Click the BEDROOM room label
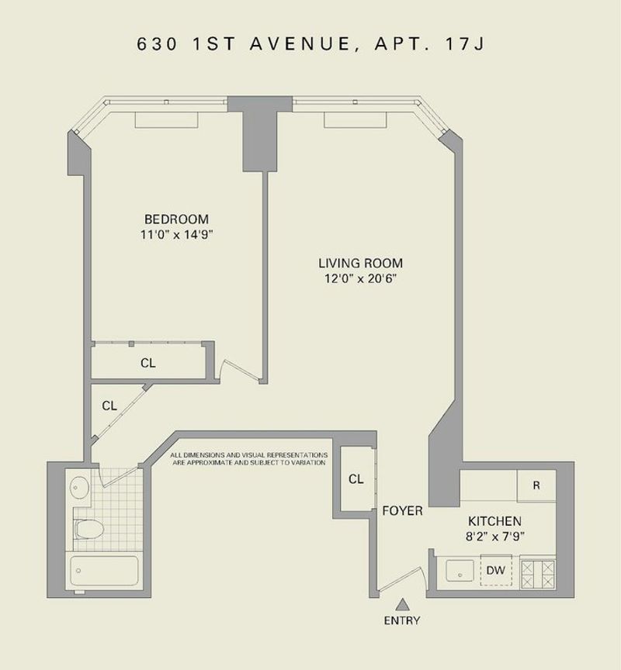pyautogui.click(x=177, y=219)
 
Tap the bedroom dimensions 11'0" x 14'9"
pyautogui.click(x=177, y=234)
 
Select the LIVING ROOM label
pyautogui.click(x=360, y=263)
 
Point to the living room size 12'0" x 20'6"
pyautogui.click(x=360, y=278)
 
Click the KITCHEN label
pyautogui.click(x=494, y=521)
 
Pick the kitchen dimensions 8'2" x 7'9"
pyautogui.click(x=494, y=537)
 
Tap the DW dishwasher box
pyautogui.click(x=496, y=570)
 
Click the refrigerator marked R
pyautogui.click(x=536, y=485)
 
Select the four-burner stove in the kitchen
pyautogui.click(x=538, y=575)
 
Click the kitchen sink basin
pyautogui.click(x=460, y=571)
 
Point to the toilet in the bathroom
pyautogui.click(x=89, y=529)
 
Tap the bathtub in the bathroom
pyautogui.click(x=104, y=571)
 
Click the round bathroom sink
pyautogui.click(x=79, y=487)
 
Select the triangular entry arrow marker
pyautogui.click(x=402, y=605)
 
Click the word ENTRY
pyautogui.click(x=402, y=620)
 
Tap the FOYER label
pyautogui.click(x=402, y=510)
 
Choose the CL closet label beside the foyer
pyautogui.click(x=356, y=479)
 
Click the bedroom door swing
pyautogui.click(x=240, y=370)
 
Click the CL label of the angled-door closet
pyautogui.click(x=109, y=406)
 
